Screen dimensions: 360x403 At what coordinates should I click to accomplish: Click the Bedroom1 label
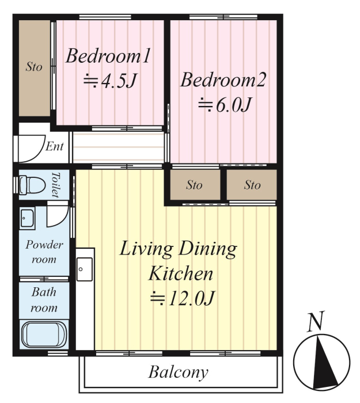pyautogui.click(x=108, y=56)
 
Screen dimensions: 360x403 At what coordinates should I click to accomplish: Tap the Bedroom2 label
pyautogui.click(x=223, y=80)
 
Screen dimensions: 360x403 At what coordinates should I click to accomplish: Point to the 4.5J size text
pyautogui.click(x=111, y=81)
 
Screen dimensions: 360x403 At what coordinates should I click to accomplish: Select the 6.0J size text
pyautogui.click(x=225, y=105)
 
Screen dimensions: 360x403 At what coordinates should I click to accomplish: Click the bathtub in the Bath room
pyautogui.click(x=44, y=334)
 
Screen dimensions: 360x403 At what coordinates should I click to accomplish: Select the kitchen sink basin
pyautogui.click(x=85, y=269)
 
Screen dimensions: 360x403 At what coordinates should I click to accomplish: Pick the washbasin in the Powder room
pyautogui.click(x=27, y=218)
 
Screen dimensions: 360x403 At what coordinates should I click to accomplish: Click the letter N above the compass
pyautogui.click(x=316, y=321)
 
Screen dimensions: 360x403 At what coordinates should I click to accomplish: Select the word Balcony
pyautogui.click(x=178, y=372)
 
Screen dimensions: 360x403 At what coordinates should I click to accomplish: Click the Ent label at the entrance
pyautogui.click(x=55, y=146)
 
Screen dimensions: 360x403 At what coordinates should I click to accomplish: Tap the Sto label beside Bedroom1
pyautogui.click(x=34, y=67)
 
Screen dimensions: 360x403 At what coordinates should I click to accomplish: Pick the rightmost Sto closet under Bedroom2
pyautogui.click(x=252, y=184)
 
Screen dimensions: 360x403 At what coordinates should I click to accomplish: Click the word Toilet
pyautogui.click(x=55, y=185)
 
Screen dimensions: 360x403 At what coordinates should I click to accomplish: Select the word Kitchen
pyautogui.click(x=181, y=273)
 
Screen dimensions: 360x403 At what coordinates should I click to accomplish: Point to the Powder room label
pyautogui.click(x=44, y=252)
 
